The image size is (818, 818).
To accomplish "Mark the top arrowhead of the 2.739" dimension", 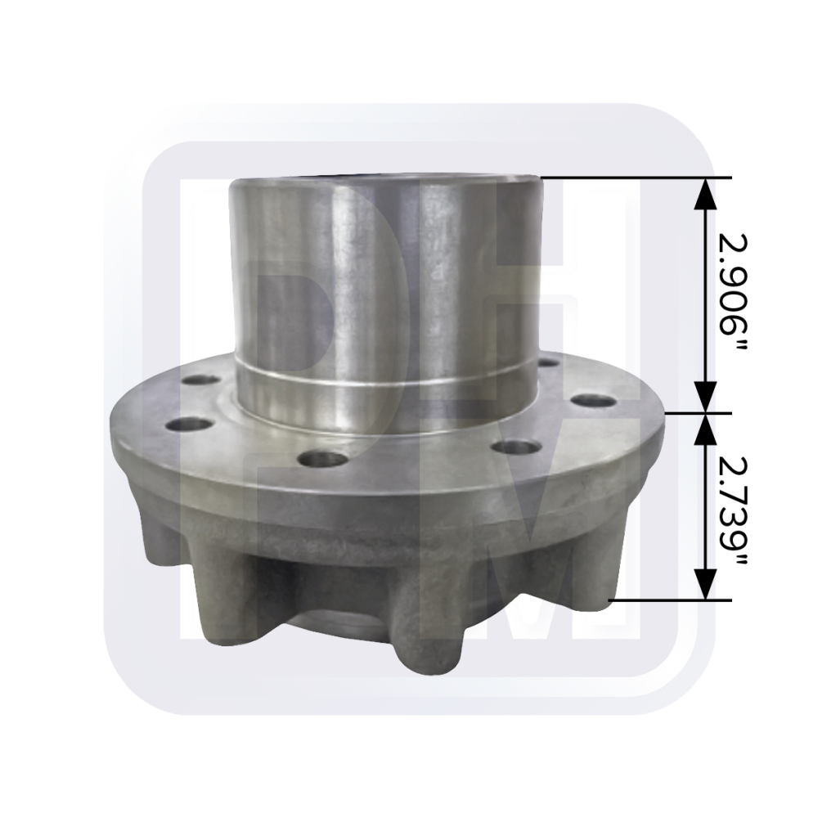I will coord(705,427).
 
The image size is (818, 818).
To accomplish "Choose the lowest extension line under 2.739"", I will coord(671,600).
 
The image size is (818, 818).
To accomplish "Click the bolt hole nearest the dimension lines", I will coord(593,401).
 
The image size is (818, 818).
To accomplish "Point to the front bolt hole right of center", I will coord(517,447).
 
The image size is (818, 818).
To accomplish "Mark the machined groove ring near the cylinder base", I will coord(384,378).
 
